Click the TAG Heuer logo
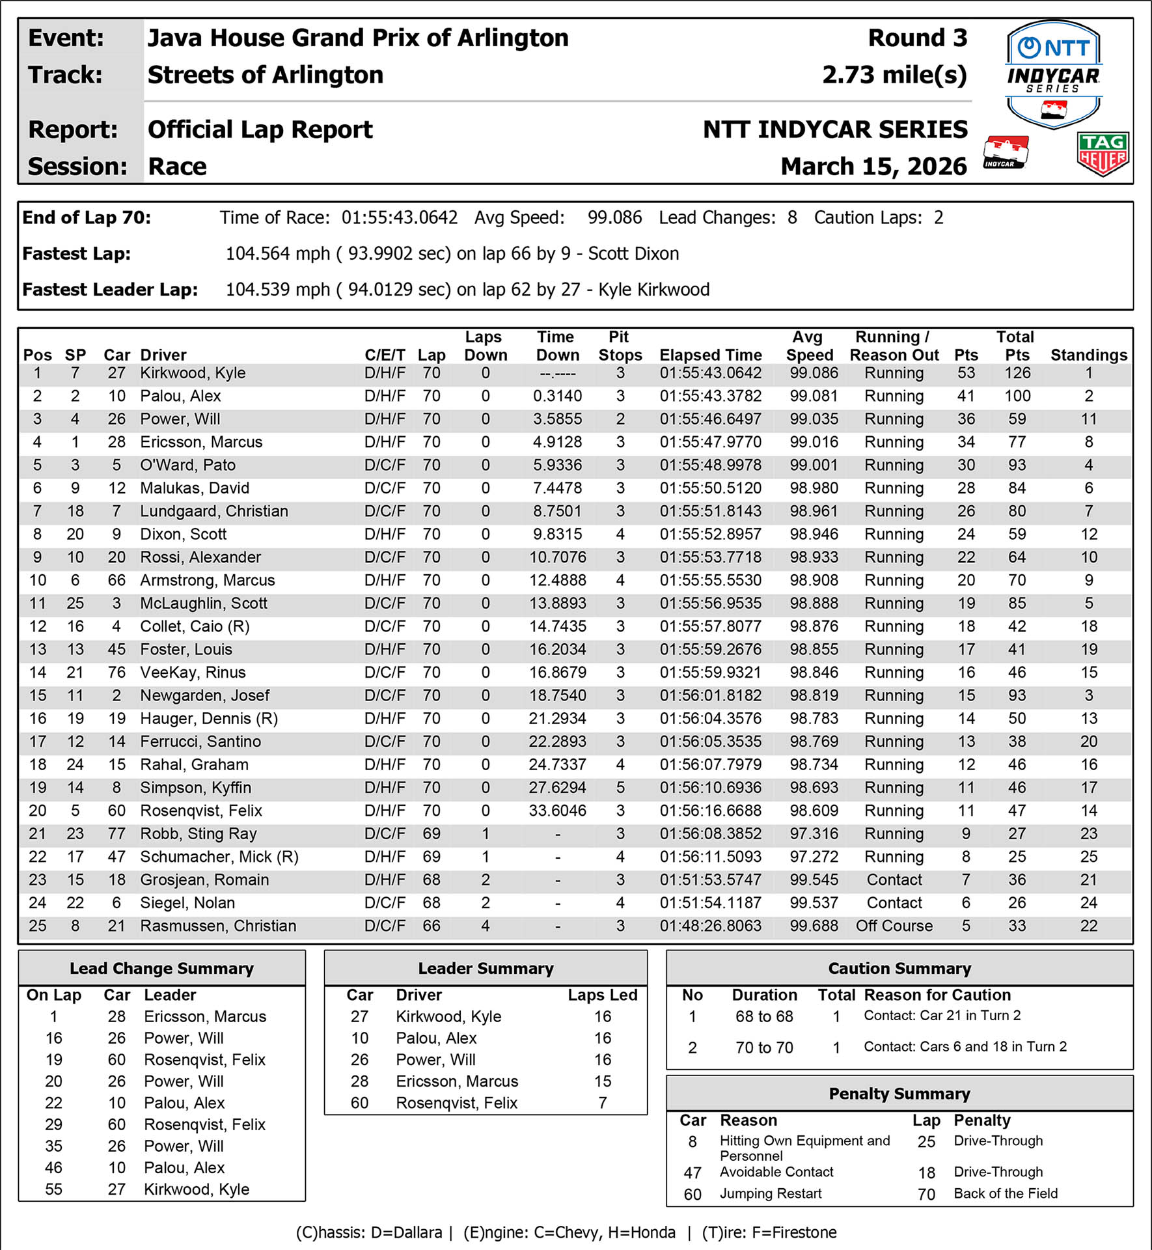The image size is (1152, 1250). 1103,154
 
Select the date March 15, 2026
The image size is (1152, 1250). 873,167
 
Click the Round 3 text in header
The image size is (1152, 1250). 917,38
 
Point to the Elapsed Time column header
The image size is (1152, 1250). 710,355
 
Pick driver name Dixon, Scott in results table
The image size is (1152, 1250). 183,535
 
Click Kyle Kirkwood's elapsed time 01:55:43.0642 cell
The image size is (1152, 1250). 710,373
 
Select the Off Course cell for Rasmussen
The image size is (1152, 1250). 894,926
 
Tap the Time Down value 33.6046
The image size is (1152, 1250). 557,811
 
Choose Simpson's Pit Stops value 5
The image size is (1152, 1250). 620,788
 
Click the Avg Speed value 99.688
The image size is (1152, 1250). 814,926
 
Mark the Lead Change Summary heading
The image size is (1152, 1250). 161,968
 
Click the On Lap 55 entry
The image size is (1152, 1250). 53,1189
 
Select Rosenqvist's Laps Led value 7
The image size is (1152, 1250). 602,1103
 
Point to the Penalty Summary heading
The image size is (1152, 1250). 899,1094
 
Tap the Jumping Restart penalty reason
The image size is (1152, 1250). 770,1193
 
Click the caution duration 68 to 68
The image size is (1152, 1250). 764,1016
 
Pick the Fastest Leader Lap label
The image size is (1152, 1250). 110,290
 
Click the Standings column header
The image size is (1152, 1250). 1088,355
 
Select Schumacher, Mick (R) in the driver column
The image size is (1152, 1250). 219,857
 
